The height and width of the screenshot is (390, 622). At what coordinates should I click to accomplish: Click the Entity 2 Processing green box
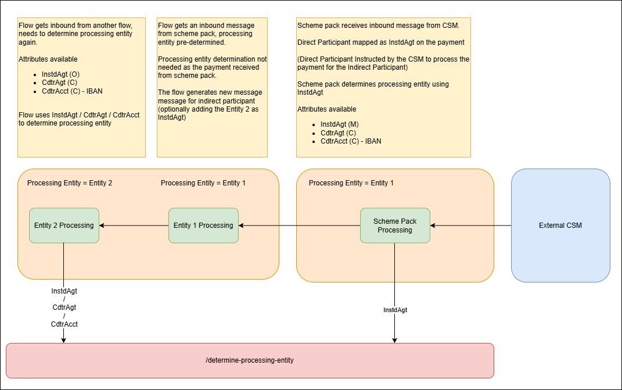pos(64,226)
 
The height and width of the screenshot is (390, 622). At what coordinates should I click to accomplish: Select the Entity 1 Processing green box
pos(203,226)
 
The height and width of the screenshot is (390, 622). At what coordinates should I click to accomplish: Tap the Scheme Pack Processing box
pos(395,226)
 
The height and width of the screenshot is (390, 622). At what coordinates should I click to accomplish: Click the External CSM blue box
pos(560,226)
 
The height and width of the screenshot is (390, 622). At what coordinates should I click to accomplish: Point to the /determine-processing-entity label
pos(250,360)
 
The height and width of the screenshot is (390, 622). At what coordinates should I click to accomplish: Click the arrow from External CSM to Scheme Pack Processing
pos(470,226)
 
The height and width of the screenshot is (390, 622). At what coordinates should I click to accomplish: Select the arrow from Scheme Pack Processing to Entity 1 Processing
pos(299,226)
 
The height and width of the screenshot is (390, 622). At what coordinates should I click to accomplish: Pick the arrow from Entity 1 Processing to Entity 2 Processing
pos(134,226)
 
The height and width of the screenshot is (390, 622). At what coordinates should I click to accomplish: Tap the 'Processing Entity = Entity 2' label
pos(70,183)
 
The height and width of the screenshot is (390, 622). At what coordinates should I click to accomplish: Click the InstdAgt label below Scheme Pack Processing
pos(395,310)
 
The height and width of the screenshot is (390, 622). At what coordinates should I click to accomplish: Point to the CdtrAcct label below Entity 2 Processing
pos(64,324)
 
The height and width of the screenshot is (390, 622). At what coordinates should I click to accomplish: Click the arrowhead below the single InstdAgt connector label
pos(395,339)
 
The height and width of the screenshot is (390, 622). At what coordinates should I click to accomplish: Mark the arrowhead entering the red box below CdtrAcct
pos(64,339)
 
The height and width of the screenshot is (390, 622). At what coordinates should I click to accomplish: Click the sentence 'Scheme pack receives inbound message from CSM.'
pos(378,26)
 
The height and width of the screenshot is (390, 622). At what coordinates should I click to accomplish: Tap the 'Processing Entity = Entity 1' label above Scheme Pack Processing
pos(351,183)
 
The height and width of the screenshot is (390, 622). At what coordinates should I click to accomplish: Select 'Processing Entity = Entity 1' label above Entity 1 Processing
pos(203,183)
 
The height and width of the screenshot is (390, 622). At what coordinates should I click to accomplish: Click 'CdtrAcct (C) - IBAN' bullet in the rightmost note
pos(351,141)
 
